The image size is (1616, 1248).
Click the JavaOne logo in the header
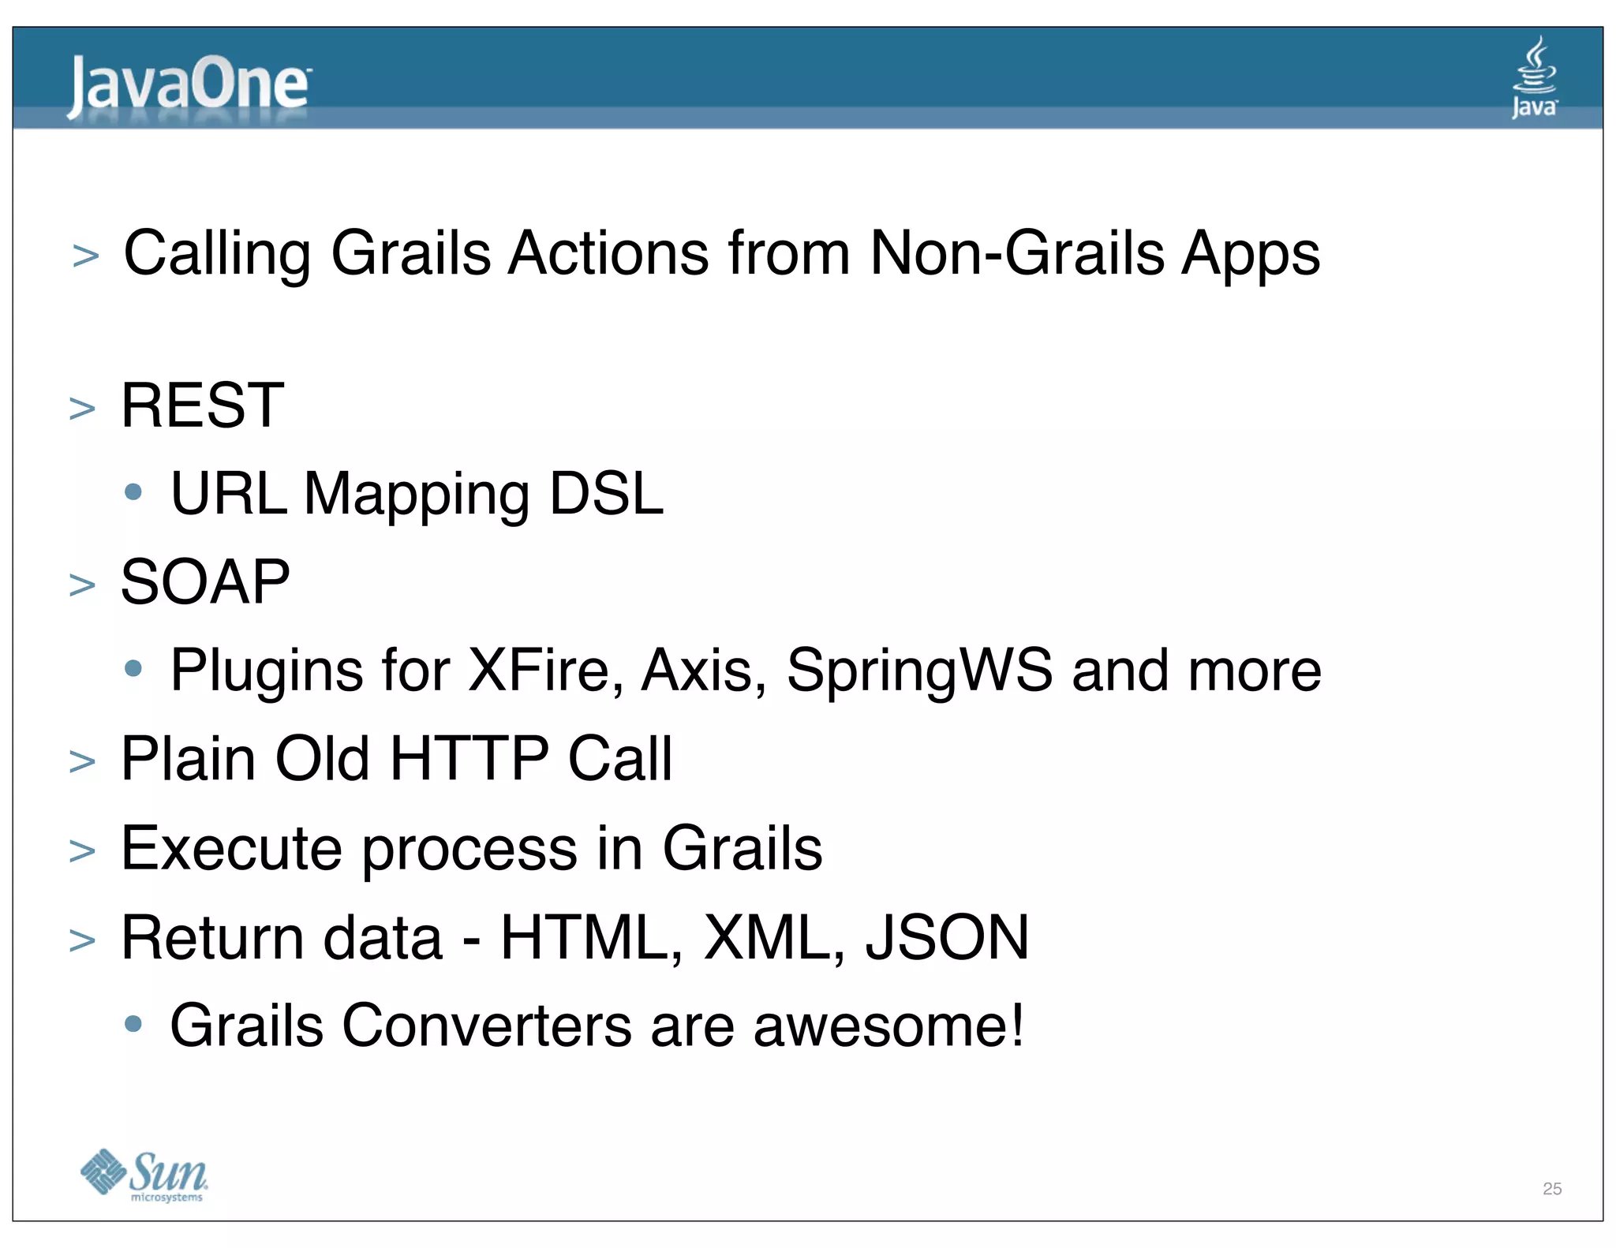188,86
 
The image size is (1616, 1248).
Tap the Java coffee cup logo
1534,77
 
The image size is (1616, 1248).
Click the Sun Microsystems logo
144,1175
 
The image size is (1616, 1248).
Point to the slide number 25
1551,1188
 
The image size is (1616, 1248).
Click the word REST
202,405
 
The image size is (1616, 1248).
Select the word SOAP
205,582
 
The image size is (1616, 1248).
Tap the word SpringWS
918,671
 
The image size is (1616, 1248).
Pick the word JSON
947,937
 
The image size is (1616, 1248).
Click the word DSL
606,494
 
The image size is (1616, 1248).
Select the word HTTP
469,759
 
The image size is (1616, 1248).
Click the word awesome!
888,1026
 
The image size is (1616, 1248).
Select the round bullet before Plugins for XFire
133,669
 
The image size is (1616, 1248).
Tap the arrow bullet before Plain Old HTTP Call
82,762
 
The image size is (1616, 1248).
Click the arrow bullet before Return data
82,940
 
